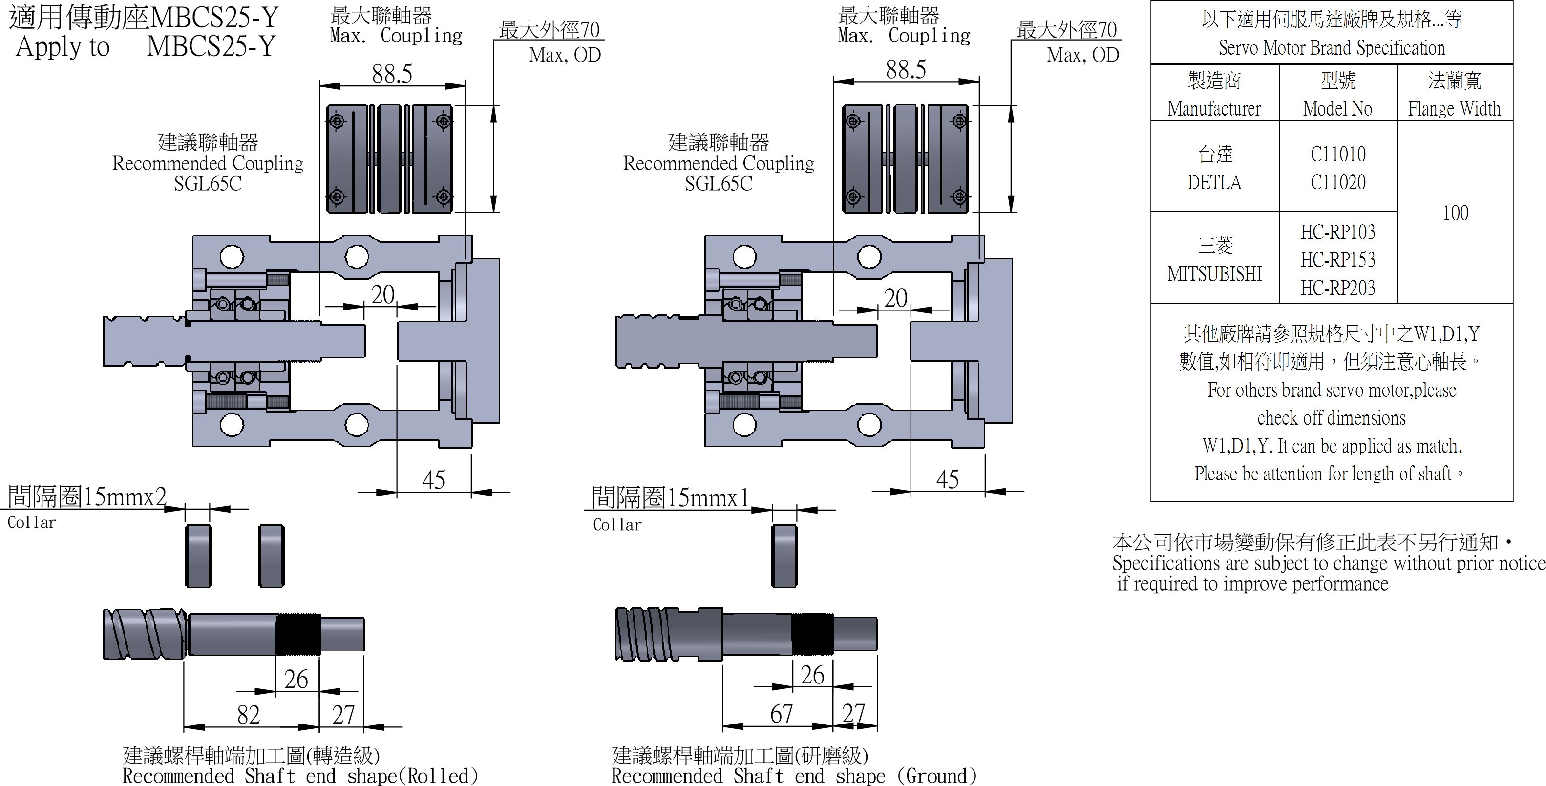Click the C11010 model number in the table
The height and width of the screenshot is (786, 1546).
pyautogui.click(x=1338, y=154)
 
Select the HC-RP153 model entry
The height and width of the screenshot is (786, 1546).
pyautogui.click(x=1338, y=260)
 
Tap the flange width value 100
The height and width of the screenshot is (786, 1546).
pyautogui.click(x=1455, y=212)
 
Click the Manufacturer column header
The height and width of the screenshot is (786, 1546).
pyautogui.click(x=1214, y=108)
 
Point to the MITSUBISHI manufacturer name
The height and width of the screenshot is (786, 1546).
pyautogui.click(x=1215, y=274)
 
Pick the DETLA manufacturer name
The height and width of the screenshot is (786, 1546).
pyautogui.click(x=1214, y=183)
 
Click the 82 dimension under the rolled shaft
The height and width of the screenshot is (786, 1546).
pyautogui.click(x=249, y=715)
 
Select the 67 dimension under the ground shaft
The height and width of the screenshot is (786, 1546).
pyautogui.click(x=782, y=713)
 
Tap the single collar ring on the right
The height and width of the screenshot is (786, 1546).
pyautogui.click(x=784, y=556)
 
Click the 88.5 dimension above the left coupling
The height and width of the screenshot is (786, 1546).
pyautogui.click(x=392, y=74)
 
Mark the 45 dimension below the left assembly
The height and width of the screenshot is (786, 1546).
pyautogui.click(x=433, y=480)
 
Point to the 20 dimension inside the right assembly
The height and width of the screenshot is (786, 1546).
pyautogui.click(x=895, y=298)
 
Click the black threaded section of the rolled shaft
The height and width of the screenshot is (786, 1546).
pyautogui.click(x=298, y=634)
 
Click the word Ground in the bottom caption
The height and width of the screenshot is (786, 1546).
pyautogui.click(x=937, y=776)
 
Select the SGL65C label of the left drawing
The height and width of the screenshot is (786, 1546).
pyautogui.click(x=208, y=184)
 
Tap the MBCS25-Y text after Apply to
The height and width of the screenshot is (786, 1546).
pyautogui.click(x=211, y=46)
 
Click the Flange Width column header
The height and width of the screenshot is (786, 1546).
pyautogui.click(x=1454, y=108)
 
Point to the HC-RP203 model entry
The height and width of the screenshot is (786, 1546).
pyautogui.click(x=1338, y=288)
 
